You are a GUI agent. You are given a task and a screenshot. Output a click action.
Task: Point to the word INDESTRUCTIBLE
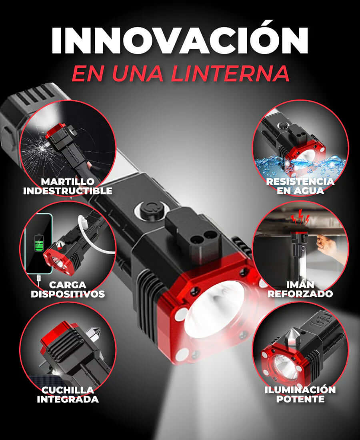tap(68, 191)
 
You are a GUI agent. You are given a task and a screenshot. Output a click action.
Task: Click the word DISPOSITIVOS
tap(68, 294)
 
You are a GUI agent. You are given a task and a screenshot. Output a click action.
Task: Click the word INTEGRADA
tap(68, 399)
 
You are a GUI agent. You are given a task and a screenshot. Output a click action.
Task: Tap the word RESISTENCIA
tap(300, 182)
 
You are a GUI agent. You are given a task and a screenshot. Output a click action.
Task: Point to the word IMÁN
tap(300, 285)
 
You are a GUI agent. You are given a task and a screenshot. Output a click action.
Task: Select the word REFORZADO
tap(300, 294)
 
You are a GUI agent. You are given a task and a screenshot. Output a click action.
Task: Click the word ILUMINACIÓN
tap(300, 390)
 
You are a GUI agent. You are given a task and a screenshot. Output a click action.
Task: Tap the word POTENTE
tap(300, 399)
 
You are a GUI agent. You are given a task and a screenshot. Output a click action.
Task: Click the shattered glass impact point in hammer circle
tap(40, 148)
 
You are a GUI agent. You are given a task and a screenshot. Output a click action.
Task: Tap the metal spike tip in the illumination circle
tap(292, 335)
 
